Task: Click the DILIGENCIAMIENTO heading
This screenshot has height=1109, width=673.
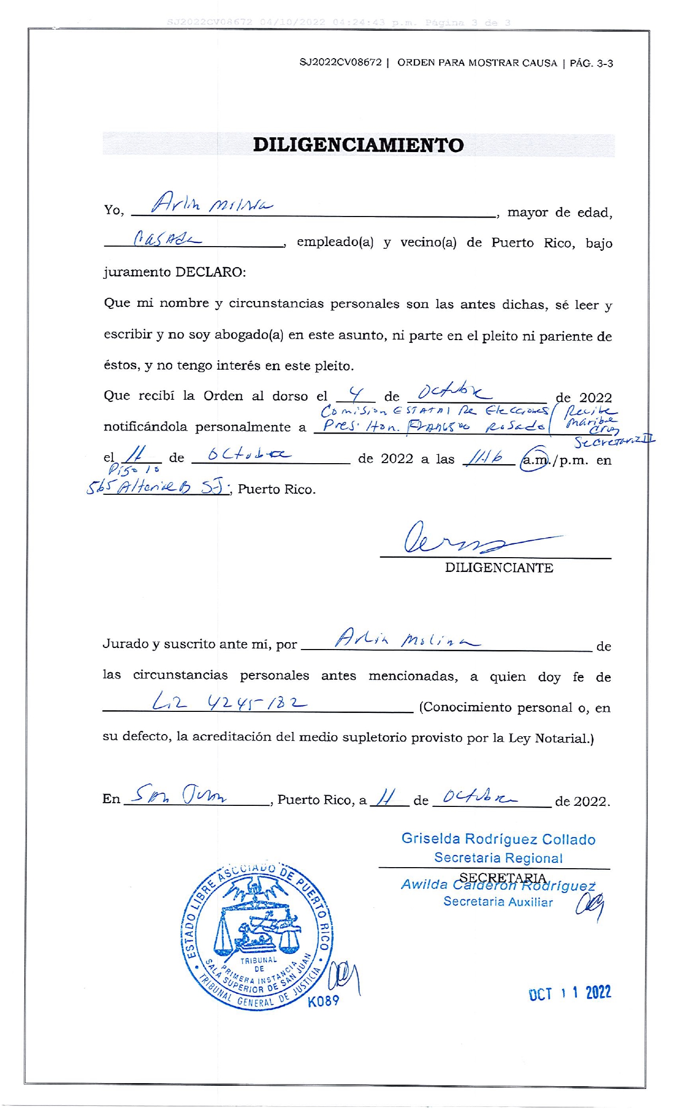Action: pyautogui.click(x=358, y=145)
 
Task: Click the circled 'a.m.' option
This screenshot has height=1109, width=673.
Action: pyautogui.click(x=535, y=460)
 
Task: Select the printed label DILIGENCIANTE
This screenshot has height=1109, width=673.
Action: pyautogui.click(x=499, y=568)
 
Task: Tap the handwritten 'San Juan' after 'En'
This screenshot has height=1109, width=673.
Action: pyautogui.click(x=180, y=793)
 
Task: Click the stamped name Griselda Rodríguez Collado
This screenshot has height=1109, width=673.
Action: pyautogui.click(x=498, y=839)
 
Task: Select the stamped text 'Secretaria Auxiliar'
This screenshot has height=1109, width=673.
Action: pyautogui.click(x=498, y=901)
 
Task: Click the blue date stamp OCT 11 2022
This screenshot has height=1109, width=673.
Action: pyautogui.click(x=570, y=993)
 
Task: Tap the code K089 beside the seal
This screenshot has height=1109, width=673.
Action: pyautogui.click(x=323, y=1001)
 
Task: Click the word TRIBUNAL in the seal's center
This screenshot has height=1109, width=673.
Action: pyautogui.click(x=259, y=960)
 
